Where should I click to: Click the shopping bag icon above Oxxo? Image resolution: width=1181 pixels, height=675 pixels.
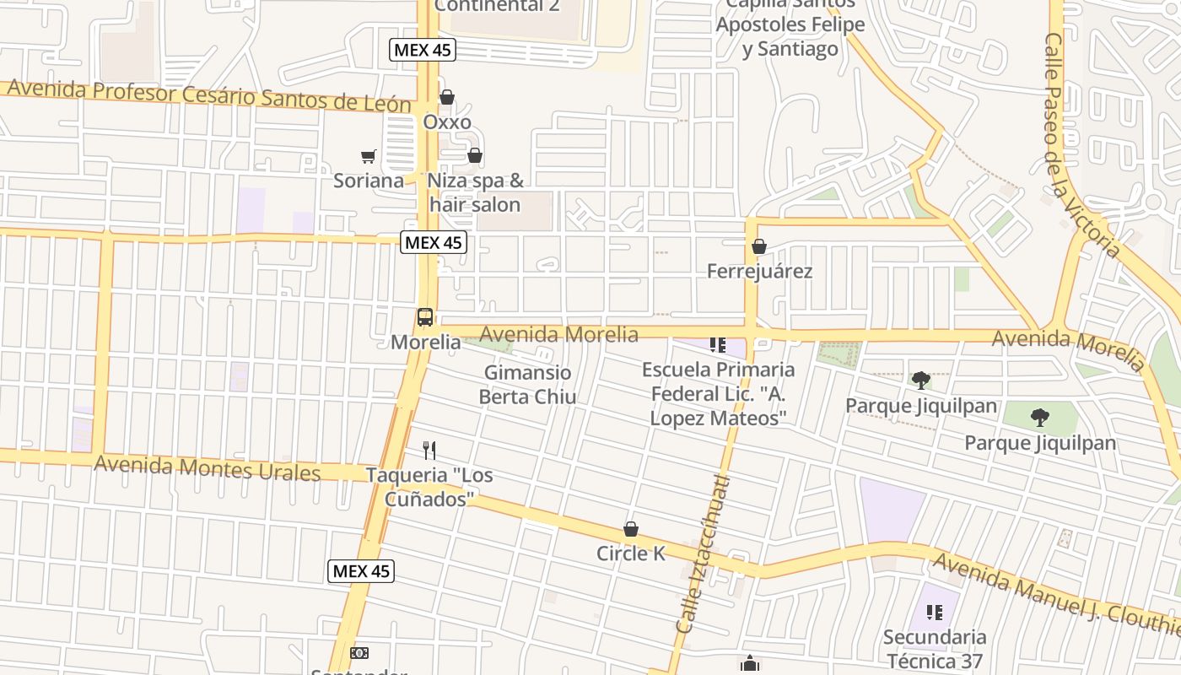coord(447,98)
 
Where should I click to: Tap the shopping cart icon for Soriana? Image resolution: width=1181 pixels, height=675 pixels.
coord(368,156)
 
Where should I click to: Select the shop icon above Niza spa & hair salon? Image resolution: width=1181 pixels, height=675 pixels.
coord(475,156)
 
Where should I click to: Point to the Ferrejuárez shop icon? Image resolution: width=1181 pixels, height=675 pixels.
coord(759,247)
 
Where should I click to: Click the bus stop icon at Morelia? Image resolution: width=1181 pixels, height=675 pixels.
coord(425,318)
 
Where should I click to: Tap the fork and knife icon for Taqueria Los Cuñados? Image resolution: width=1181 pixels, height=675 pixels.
coord(429,451)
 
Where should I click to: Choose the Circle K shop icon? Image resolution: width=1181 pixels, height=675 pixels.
coord(631,530)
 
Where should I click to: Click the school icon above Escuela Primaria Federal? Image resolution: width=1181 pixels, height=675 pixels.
coord(718,345)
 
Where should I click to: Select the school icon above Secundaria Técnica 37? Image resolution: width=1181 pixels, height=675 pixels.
coord(934,613)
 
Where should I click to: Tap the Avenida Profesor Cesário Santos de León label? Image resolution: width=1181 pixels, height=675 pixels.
coord(209,95)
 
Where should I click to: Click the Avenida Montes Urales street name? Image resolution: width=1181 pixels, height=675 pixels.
coord(208,467)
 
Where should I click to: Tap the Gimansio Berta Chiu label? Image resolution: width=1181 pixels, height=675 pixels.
coord(528,385)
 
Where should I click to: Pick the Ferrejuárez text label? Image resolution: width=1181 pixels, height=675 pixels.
coord(759,271)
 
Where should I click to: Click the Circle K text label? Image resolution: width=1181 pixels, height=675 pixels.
coord(631,553)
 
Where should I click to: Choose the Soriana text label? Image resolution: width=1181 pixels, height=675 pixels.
coord(369,181)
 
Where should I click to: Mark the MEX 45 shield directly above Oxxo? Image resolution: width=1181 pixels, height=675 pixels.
coord(423,50)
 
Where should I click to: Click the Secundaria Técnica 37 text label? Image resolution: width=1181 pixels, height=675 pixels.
coord(935,648)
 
